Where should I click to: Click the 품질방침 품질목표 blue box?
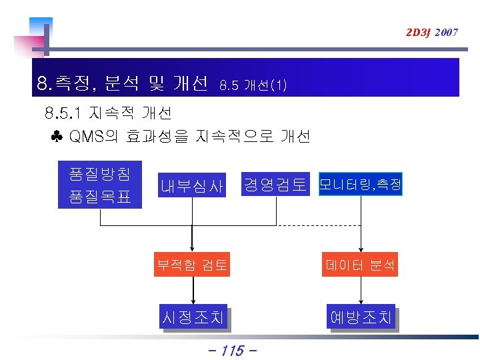click(x=100, y=186)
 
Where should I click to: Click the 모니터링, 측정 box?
click(x=361, y=185)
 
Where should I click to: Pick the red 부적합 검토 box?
click(x=192, y=266)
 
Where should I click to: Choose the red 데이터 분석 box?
click(x=361, y=266)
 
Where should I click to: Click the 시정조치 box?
click(x=192, y=317)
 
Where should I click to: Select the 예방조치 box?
click(x=361, y=317)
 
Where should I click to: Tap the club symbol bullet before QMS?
click(x=56, y=137)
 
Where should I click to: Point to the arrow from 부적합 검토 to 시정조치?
click(x=193, y=291)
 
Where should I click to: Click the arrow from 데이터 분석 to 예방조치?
click(x=361, y=291)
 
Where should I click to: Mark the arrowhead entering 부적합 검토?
click(x=193, y=249)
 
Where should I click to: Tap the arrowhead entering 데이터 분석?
click(x=361, y=249)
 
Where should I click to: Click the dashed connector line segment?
click(x=319, y=226)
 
